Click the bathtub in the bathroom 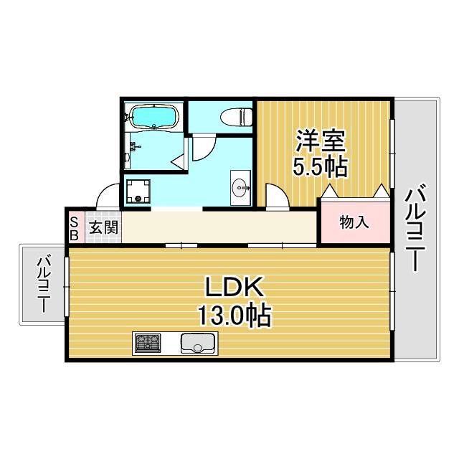tap(154, 117)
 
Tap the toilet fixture tap(236, 117)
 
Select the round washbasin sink tap(241, 187)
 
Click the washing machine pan tap(138, 191)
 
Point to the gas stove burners tap(148, 343)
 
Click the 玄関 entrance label tap(103, 227)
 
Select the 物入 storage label tap(354, 223)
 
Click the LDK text tap(234, 287)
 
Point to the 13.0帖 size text tap(235, 316)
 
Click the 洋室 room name tap(321, 141)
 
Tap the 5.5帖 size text tap(321, 167)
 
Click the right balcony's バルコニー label tap(415, 227)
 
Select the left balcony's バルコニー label tap(44, 284)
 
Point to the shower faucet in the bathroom tap(135, 146)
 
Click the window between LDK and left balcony tap(67, 286)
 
